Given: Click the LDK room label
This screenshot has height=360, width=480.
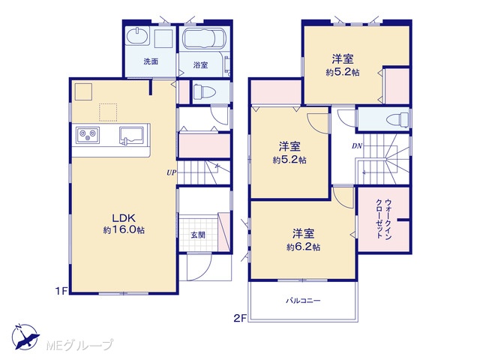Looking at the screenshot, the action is coord(124,218).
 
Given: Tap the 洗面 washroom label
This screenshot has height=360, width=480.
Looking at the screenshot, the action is coord(151,61).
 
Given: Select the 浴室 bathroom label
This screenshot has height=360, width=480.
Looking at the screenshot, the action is coord(200,65).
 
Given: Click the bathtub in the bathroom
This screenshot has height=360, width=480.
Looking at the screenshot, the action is coord(203,39).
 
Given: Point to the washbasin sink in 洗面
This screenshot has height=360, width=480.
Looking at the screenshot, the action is coord(137,37).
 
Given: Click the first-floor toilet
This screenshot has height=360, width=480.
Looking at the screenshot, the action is coord(205,91).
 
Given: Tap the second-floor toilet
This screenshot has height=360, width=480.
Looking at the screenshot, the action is coord(397,119).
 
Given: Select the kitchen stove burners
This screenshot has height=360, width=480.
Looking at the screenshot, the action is coord(88,135).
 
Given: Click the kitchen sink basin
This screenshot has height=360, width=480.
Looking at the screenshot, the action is coord(132,135).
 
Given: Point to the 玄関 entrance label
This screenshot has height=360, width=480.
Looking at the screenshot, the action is coord(198,235).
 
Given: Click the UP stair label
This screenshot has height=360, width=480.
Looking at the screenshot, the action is coord(172,172).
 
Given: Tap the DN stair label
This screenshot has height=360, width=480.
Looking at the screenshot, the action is coord(357,146).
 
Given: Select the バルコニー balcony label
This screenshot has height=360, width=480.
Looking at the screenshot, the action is coord(303,301).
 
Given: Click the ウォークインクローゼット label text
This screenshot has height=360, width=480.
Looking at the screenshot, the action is coord(384,218).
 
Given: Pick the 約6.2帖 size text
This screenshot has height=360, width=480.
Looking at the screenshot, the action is coord(303,247).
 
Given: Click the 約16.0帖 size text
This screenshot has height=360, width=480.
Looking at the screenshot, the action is coord(124,230).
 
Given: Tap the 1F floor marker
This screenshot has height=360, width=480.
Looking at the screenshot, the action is coord(61,291).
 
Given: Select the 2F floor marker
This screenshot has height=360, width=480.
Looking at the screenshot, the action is coord(240,319).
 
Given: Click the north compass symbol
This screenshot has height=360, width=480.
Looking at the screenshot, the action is coord(25,337).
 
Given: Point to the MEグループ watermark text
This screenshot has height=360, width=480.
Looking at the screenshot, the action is coord(79,345).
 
